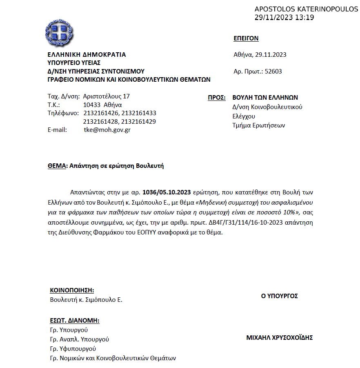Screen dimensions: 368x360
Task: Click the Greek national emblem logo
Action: [60, 33]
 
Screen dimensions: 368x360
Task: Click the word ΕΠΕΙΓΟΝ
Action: [246, 39]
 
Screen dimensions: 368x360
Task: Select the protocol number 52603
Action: [273, 71]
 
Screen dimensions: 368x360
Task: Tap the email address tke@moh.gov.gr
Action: [107, 130]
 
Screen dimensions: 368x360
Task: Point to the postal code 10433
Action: [91, 105]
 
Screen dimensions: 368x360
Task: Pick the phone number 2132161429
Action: [139, 122]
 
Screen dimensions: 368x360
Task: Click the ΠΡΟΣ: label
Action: [217, 98]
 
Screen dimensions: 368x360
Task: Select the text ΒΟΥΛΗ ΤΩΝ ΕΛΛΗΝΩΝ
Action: [265, 98]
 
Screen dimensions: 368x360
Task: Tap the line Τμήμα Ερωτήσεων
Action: [258, 125]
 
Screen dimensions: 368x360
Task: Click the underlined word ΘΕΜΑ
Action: [57, 166]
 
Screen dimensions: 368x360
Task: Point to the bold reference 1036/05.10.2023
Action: [167, 192]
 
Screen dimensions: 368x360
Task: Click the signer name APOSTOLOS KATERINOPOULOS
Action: [306, 9]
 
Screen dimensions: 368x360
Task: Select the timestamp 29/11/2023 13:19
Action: [284, 17]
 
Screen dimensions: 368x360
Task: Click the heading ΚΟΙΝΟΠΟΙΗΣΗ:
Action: [72, 290]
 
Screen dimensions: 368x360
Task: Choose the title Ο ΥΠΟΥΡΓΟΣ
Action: [280, 296]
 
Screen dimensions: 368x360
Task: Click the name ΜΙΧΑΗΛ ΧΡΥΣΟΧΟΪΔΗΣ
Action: [280, 338]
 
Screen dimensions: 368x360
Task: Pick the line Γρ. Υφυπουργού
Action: [73, 349]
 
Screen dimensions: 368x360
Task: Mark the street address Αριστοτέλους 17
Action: [106, 96]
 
